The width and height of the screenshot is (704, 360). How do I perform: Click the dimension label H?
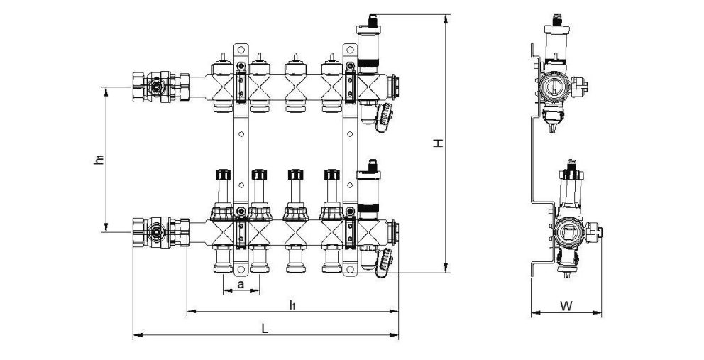click(439, 143)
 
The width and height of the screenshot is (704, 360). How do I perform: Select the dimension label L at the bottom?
click(265, 329)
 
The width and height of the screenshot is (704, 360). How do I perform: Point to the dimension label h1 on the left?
click(99, 160)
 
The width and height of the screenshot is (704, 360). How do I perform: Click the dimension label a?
click(241, 285)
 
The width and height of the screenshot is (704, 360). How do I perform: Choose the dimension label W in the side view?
click(566, 306)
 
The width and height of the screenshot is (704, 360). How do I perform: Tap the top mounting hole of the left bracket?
click(241, 50)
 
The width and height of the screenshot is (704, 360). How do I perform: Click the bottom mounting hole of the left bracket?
click(241, 269)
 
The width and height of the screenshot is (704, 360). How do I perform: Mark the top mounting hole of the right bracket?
click(349, 50)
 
